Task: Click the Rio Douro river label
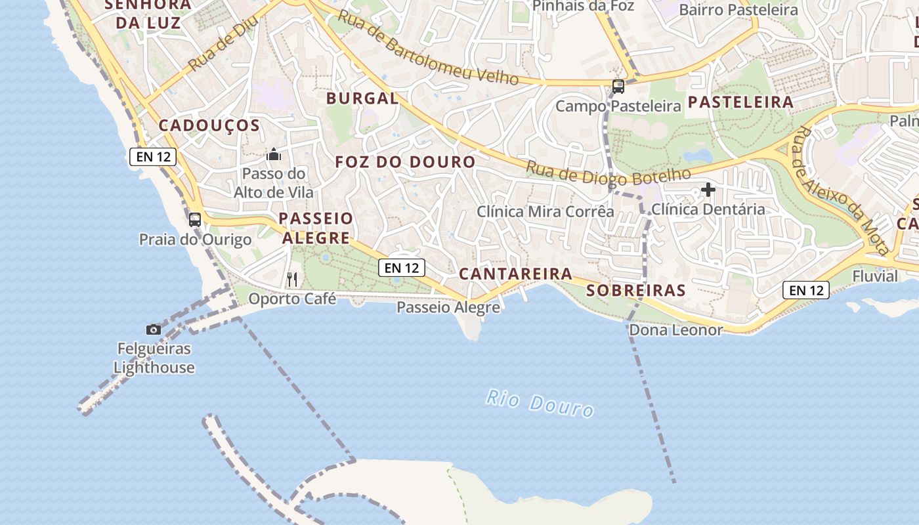click(540, 403)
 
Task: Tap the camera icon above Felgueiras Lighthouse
click(154, 329)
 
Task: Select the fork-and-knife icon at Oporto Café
click(292, 280)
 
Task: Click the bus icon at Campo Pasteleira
click(618, 86)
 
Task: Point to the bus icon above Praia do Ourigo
click(195, 219)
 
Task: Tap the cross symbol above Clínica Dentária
click(708, 190)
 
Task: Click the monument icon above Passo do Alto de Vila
click(274, 155)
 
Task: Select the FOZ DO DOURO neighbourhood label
click(405, 162)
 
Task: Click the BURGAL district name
click(362, 99)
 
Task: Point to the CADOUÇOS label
click(209, 125)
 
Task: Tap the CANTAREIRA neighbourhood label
click(515, 274)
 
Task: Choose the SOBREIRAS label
click(635, 290)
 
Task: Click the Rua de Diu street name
click(222, 44)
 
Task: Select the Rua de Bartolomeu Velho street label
click(427, 48)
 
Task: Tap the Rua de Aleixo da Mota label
click(841, 190)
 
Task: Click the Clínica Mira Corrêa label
click(545, 211)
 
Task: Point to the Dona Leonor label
click(676, 330)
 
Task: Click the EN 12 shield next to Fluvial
click(805, 290)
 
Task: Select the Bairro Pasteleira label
click(738, 10)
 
